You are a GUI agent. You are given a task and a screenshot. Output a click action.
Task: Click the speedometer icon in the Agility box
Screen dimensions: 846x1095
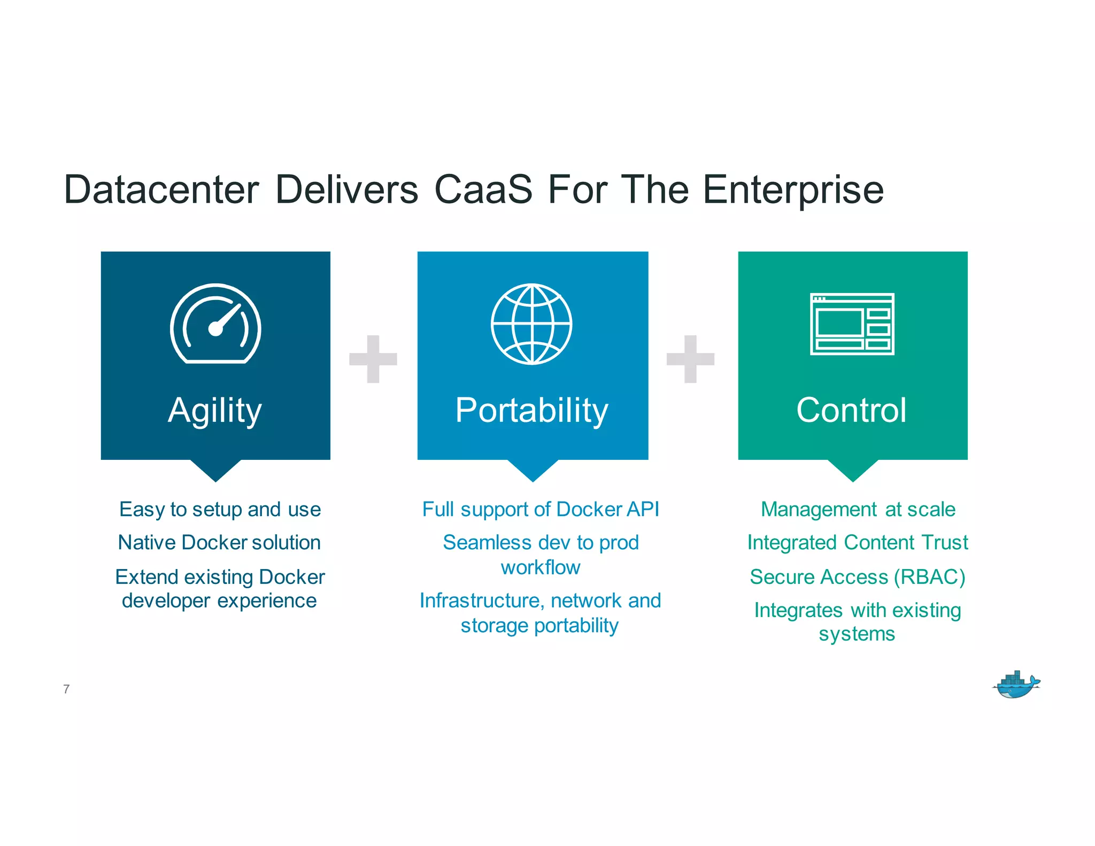[x=215, y=324]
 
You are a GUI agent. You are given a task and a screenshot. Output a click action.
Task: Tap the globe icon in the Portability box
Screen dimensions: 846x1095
[x=531, y=324]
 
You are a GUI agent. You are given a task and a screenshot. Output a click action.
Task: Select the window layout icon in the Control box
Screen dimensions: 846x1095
[x=852, y=324]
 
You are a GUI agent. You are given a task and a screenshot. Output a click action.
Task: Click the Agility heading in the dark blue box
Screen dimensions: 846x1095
[x=215, y=411]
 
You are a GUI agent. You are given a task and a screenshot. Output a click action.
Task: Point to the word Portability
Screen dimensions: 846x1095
[x=531, y=411]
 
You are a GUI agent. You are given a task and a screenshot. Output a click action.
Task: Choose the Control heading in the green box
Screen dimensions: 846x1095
[x=851, y=410]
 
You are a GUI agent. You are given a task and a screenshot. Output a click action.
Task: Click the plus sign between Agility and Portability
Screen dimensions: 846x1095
[x=373, y=359]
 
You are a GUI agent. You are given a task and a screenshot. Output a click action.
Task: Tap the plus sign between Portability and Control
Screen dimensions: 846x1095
[x=690, y=359]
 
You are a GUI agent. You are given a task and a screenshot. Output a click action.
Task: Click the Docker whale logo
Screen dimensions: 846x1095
[x=1016, y=685]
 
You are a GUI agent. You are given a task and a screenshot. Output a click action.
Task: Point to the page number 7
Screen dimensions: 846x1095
[x=66, y=689]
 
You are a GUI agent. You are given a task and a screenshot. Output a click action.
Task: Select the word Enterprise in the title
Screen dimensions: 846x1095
[x=793, y=190]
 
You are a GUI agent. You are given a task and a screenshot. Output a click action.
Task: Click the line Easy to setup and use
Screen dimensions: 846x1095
[x=220, y=510]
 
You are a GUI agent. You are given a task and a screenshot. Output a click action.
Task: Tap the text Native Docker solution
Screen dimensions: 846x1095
[x=219, y=543]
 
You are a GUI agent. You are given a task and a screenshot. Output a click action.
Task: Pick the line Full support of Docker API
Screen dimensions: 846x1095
[x=541, y=510]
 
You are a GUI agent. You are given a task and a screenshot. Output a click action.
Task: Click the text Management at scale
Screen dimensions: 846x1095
[x=858, y=510]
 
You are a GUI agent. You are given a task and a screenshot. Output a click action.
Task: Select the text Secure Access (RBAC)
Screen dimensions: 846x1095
[x=857, y=577]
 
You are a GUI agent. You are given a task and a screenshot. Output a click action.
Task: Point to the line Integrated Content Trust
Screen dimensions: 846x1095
[x=857, y=543]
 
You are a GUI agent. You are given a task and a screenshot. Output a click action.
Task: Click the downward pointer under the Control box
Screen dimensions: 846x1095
[x=853, y=470]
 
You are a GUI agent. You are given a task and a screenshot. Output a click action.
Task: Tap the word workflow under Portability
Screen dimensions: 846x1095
[x=540, y=567]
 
